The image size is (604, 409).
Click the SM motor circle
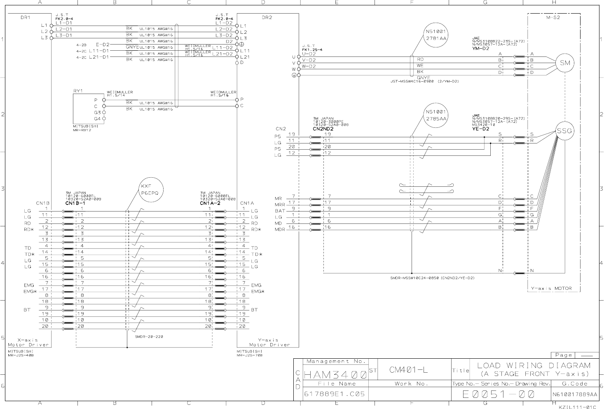(x=565, y=63)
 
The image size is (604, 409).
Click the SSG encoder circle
(x=564, y=131)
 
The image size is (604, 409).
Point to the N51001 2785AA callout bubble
(x=436, y=115)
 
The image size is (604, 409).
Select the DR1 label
(x=26, y=18)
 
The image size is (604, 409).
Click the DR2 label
(x=267, y=18)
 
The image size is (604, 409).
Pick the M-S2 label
(x=553, y=18)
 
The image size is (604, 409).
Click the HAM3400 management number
(x=335, y=375)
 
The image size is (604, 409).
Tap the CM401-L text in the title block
(x=409, y=370)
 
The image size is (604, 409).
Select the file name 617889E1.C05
(x=335, y=394)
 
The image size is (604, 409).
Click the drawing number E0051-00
(x=499, y=394)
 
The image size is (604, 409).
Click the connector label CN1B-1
(x=75, y=203)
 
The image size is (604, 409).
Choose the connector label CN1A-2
(x=210, y=203)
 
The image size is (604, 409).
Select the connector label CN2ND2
(x=323, y=129)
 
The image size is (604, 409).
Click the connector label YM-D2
(x=480, y=49)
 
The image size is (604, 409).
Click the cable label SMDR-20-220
(x=149, y=336)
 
